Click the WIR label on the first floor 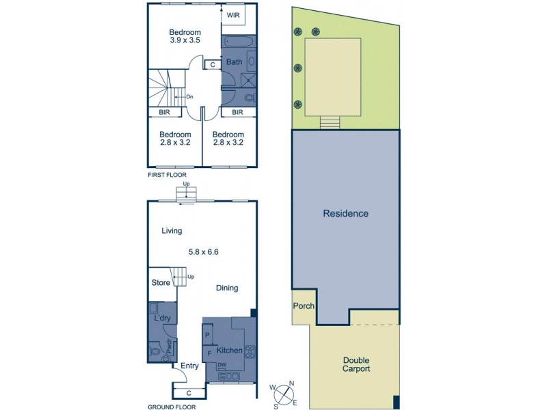(234, 14)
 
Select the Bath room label (235, 62)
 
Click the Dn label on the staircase (189, 97)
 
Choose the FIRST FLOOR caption (167, 175)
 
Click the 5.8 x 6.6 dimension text (203, 251)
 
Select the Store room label (161, 282)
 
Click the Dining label (227, 288)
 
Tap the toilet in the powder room (155, 353)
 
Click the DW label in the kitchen (222, 366)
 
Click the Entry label (189, 366)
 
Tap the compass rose (284, 394)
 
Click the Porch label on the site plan (304, 305)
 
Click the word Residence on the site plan (345, 213)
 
